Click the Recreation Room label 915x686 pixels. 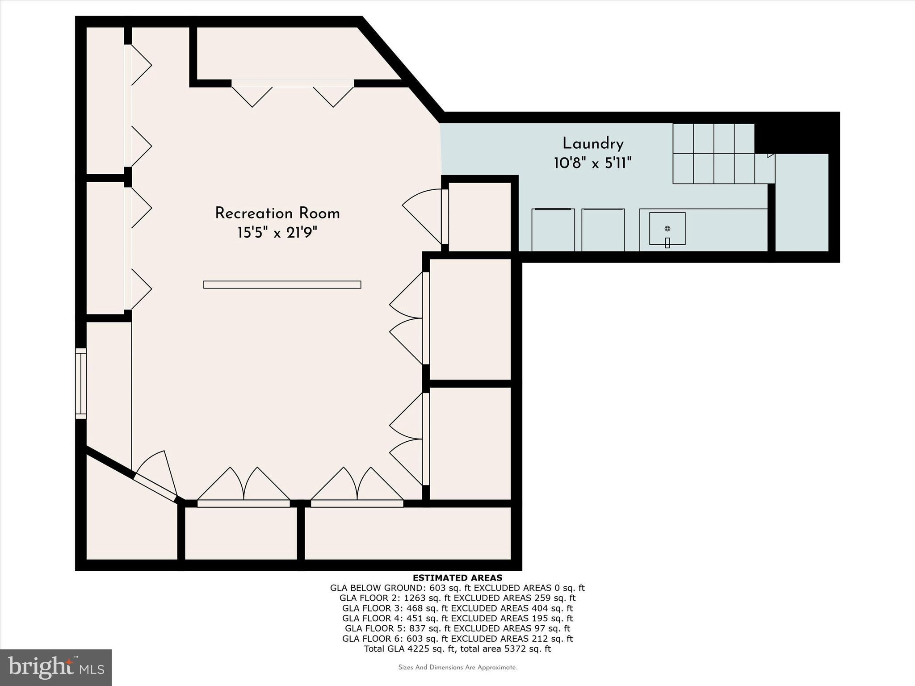pos(277,213)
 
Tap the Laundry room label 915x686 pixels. pos(592,144)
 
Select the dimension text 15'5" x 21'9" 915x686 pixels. pos(277,233)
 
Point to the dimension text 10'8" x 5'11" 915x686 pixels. pos(592,163)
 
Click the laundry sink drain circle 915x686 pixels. pos(667,229)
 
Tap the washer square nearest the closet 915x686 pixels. pos(553,230)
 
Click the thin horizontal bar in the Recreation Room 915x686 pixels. pos(282,284)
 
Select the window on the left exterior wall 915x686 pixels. pos(80,383)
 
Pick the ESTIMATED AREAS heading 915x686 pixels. pos(457,578)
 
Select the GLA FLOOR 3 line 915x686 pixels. pos(457,608)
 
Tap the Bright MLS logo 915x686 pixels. pos(55,667)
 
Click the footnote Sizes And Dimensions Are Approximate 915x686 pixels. pos(457,668)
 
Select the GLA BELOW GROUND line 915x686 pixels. pos(457,588)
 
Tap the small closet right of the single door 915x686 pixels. pos(480,217)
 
